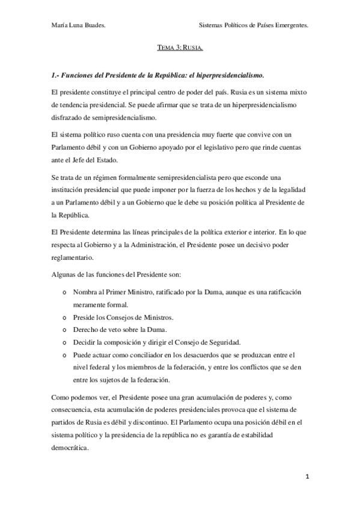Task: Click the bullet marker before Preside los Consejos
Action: point(64,318)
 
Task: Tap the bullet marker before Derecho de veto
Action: point(64,330)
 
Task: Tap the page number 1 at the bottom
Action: point(307,478)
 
